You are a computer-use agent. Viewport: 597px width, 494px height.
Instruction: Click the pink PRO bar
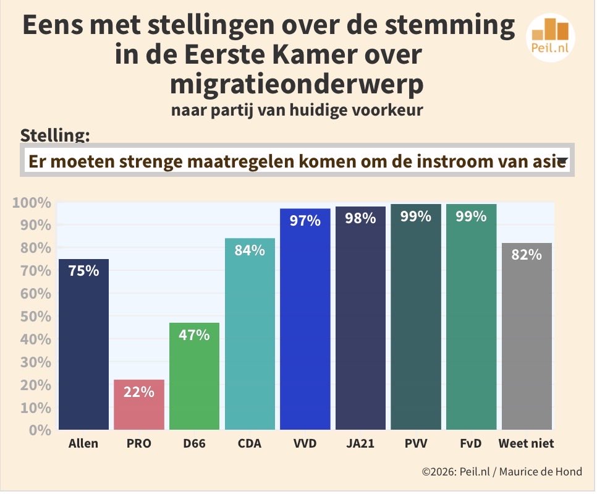[x=139, y=405]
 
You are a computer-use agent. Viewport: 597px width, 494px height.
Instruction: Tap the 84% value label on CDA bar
[x=250, y=250]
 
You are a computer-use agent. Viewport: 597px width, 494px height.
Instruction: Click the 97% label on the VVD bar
[x=305, y=221]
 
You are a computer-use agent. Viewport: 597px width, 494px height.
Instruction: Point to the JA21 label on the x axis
[x=360, y=443]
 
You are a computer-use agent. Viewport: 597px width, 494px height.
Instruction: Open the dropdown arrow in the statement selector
[x=562, y=162]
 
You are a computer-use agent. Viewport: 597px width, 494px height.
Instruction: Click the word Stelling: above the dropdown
[x=55, y=135]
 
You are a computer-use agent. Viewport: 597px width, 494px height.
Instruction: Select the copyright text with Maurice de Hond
[x=502, y=472]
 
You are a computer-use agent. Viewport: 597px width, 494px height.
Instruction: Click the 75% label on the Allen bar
[x=83, y=271]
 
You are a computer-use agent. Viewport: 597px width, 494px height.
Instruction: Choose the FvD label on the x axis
[x=472, y=443]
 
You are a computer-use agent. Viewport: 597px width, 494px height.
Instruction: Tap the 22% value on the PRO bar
[x=139, y=391]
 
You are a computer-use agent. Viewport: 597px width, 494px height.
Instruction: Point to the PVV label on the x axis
[x=416, y=443]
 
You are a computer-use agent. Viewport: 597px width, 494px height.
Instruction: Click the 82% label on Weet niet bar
[x=527, y=255]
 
